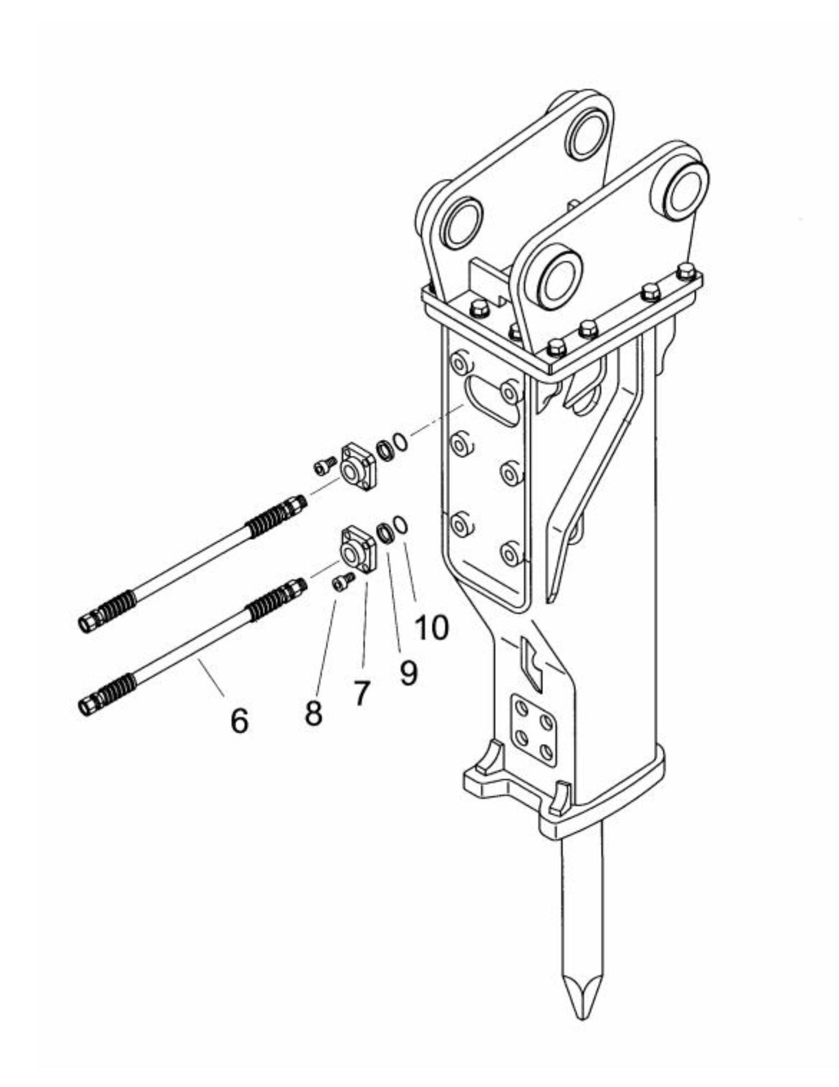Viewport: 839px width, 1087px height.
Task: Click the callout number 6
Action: click(239, 720)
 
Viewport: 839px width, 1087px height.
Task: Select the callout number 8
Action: click(314, 713)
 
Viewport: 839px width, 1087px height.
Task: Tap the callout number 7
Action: click(361, 693)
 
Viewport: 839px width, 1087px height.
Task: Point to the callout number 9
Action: click(408, 673)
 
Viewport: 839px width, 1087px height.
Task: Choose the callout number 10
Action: click(431, 627)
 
